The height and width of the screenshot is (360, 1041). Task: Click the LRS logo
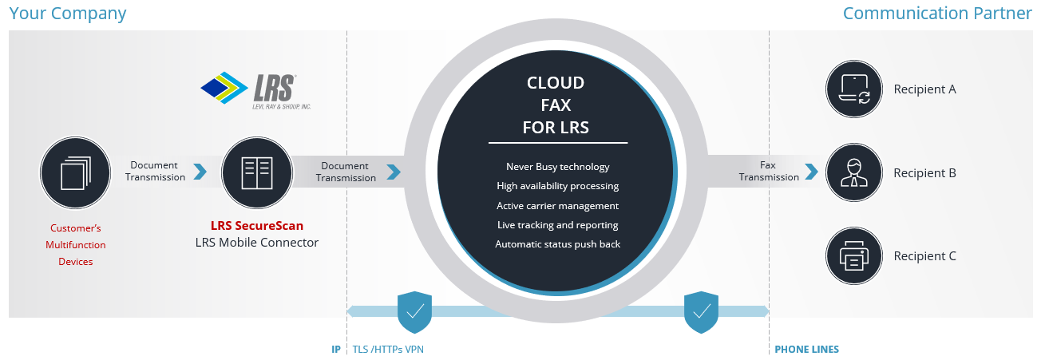click(x=255, y=90)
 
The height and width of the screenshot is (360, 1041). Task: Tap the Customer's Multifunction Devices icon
click(x=75, y=172)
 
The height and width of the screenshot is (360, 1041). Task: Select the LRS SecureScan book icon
click(x=257, y=172)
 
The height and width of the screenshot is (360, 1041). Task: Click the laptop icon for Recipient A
click(x=853, y=89)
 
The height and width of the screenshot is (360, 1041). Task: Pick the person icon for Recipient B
click(x=853, y=172)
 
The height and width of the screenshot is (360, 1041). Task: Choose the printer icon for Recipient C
click(x=853, y=255)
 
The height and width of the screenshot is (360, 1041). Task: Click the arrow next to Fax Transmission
click(x=811, y=172)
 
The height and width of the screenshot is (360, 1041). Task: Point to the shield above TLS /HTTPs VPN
click(x=414, y=312)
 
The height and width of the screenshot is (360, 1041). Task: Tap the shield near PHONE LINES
click(x=701, y=312)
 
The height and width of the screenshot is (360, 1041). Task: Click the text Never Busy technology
click(x=558, y=167)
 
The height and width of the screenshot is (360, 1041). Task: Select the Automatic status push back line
click(x=558, y=244)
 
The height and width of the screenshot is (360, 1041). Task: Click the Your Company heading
click(x=67, y=14)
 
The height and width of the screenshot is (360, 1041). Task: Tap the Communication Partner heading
click(x=937, y=13)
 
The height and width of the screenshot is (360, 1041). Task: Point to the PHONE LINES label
click(x=807, y=350)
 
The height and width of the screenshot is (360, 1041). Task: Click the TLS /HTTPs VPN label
click(x=388, y=350)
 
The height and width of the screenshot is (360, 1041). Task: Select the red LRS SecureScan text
click(x=257, y=226)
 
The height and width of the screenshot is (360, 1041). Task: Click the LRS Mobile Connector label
click(x=257, y=243)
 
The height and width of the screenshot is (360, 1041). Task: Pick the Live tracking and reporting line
click(x=558, y=225)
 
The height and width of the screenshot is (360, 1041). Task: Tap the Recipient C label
click(x=924, y=256)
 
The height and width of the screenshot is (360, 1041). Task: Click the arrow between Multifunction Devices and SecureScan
click(x=200, y=172)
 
